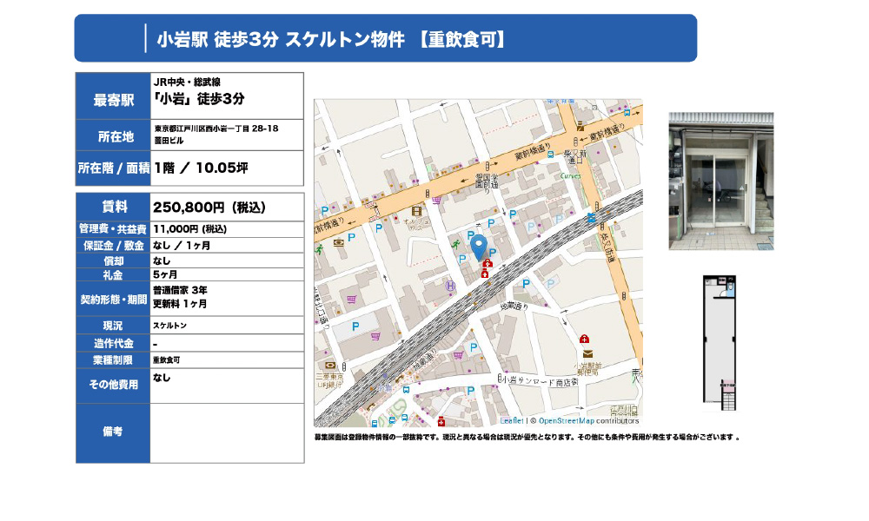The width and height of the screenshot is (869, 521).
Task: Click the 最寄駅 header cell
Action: pos(114,99)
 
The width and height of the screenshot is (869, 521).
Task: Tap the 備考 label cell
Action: pos(113,431)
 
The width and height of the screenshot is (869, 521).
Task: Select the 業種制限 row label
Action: pos(113,359)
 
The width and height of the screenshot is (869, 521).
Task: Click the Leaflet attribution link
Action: pos(512,420)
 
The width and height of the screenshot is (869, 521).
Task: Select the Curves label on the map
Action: pos(571,175)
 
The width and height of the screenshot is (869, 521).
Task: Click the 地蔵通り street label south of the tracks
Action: pos(514,307)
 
